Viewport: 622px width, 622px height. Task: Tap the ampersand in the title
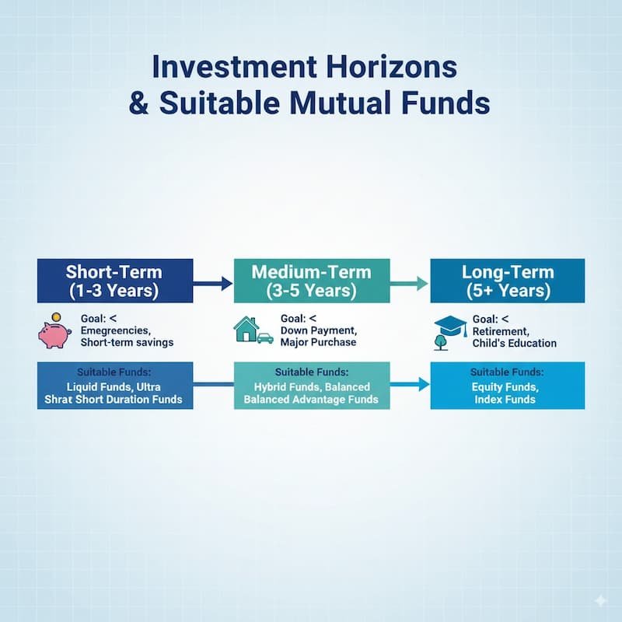pyautogui.click(x=139, y=103)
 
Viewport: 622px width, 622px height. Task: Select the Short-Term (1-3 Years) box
pyautogui.click(x=115, y=281)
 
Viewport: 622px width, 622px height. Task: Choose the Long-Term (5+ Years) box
pyautogui.click(x=508, y=281)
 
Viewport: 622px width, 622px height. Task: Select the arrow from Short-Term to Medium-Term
pyautogui.click(x=213, y=284)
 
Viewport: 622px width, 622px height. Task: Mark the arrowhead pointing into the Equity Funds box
pyautogui.click(x=425, y=383)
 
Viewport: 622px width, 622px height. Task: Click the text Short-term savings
pyautogui.click(x=127, y=343)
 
